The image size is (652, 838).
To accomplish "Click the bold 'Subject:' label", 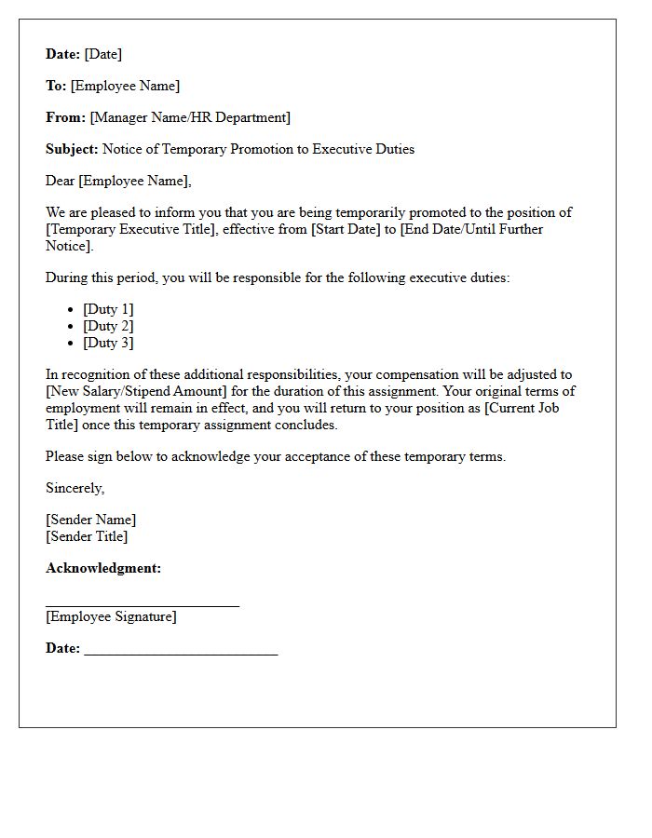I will [72, 149].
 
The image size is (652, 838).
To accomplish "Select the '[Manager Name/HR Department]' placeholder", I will [190, 117].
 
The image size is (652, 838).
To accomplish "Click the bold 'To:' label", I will [56, 86].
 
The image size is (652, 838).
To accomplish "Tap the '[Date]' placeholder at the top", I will [103, 54].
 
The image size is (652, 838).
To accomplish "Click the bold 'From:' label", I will [65, 117].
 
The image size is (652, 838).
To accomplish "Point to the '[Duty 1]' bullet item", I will [108, 309].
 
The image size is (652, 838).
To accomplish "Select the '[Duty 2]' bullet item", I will [108, 326].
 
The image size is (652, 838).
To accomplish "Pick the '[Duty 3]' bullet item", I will [108, 343].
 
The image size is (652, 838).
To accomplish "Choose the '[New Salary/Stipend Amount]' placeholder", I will [131, 391].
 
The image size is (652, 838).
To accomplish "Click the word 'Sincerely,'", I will [75, 488].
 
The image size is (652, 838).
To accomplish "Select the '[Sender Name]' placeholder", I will [90, 520].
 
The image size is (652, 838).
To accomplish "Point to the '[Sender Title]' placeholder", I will [87, 536].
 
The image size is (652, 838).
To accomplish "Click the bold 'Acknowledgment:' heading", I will [103, 568].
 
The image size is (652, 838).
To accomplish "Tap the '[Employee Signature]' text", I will [111, 616].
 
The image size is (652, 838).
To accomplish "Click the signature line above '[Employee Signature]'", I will [143, 605].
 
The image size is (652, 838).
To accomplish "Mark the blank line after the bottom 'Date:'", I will [181, 654].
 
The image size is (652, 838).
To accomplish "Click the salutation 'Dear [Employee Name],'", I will [118, 181].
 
